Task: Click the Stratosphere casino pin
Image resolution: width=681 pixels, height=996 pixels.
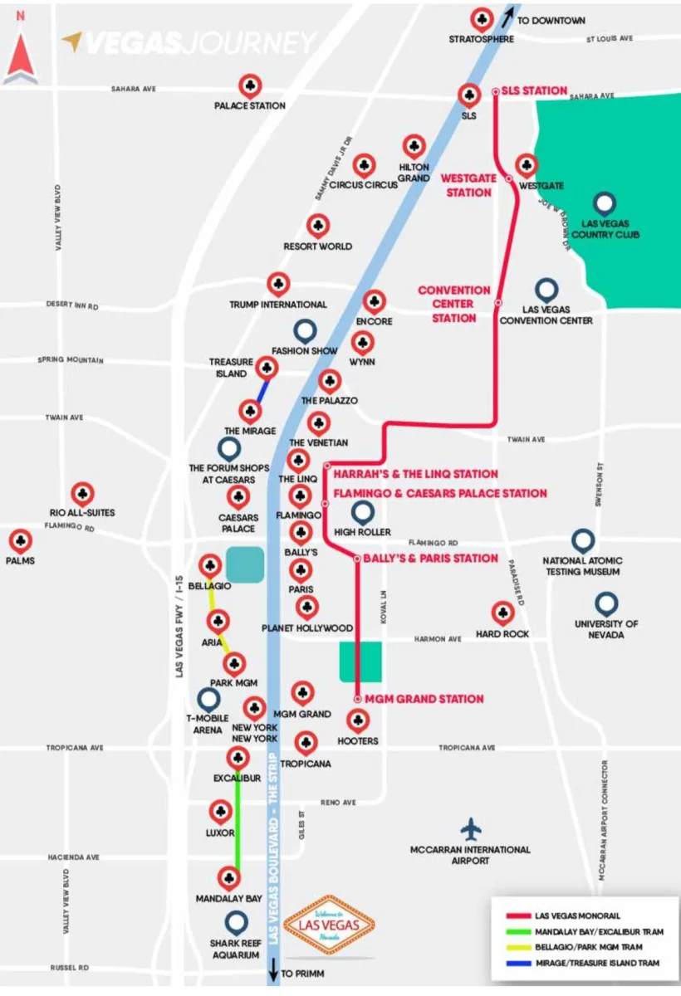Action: tap(482, 20)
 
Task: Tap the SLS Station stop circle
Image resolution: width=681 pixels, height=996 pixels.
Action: tap(495, 91)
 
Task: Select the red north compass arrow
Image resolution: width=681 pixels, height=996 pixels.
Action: tap(21, 59)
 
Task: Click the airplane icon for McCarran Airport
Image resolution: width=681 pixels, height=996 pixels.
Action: tap(471, 829)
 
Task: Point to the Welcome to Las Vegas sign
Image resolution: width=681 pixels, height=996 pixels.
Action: tap(329, 925)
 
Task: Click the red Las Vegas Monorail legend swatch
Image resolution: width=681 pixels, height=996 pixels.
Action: tap(519, 915)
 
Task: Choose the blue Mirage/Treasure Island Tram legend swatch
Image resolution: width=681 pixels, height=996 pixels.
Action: tap(519, 963)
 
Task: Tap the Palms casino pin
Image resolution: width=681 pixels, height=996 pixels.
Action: tap(21, 541)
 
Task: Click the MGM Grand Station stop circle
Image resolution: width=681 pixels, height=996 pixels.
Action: tap(358, 699)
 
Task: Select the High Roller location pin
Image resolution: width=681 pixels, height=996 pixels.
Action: tap(363, 513)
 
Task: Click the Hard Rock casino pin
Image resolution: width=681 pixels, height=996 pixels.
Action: tap(502, 613)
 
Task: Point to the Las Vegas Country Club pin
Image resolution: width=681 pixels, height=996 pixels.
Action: tap(605, 204)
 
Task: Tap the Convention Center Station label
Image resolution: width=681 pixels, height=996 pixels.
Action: tap(453, 304)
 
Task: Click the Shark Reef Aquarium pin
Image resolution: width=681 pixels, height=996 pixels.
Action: tap(236, 923)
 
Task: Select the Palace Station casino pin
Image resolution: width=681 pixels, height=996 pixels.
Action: tap(250, 86)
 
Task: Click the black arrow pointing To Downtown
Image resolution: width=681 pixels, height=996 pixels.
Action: tap(508, 17)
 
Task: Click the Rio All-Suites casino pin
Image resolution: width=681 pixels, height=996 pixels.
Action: tap(83, 494)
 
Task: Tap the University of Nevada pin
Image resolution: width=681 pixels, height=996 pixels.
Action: tap(606, 604)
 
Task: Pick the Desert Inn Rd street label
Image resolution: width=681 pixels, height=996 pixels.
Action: tap(72, 305)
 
